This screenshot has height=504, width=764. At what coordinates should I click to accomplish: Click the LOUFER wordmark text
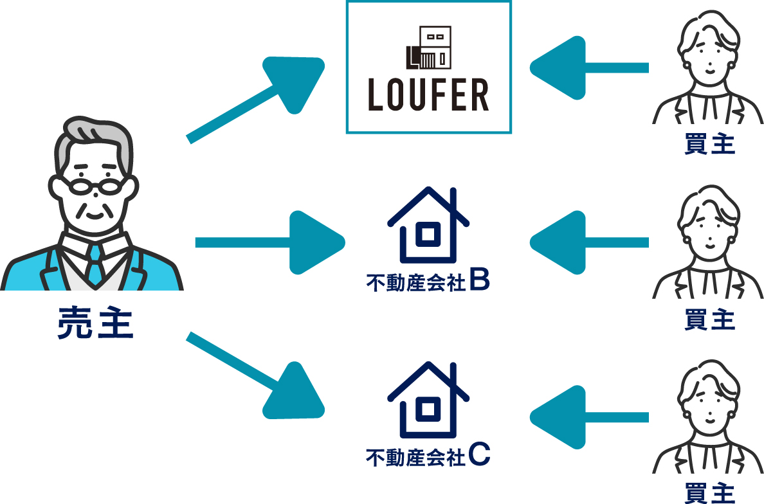[428, 95]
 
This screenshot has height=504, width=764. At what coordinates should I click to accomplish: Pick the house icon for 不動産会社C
[428, 399]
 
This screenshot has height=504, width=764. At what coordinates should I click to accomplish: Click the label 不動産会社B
[428, 282]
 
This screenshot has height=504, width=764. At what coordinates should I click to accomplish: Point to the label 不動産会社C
[428, 456]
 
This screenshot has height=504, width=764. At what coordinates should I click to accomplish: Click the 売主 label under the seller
[95, 323]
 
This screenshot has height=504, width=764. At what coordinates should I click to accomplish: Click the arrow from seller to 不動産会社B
[270, 242]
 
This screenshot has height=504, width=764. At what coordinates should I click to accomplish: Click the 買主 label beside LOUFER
[709, 145]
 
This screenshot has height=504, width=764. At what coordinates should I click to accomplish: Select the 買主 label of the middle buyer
[709, 319]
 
